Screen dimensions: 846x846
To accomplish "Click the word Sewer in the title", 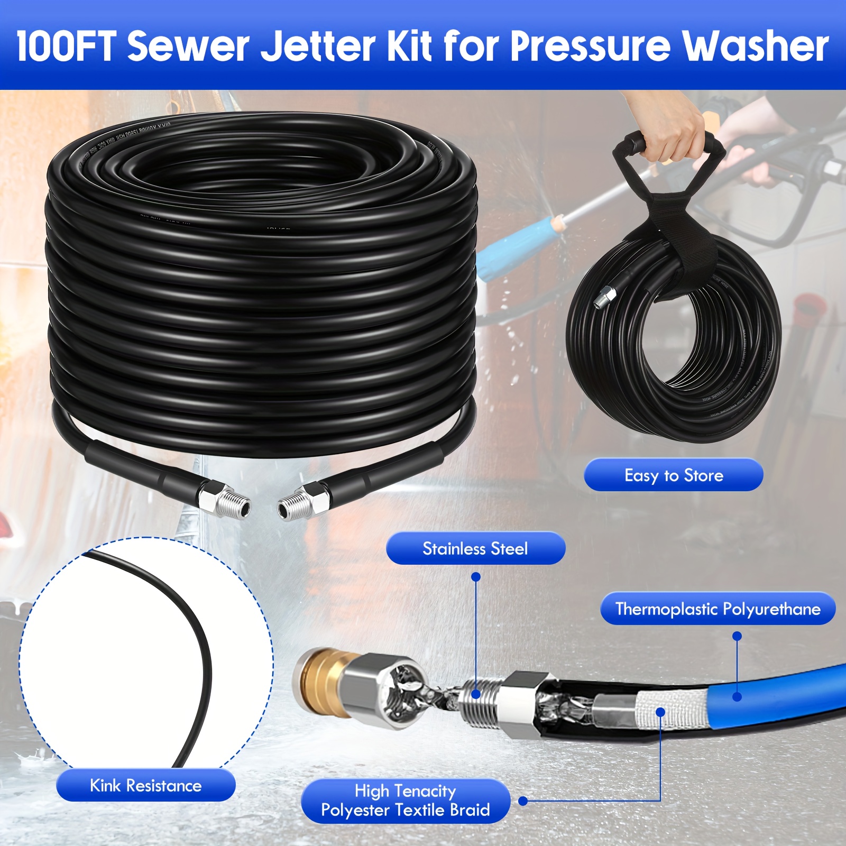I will tap(188, 46).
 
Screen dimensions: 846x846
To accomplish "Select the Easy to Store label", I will tap(673, 475).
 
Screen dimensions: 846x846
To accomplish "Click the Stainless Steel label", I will tap(475, 548).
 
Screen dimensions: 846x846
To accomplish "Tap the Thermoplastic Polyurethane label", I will tap(718, 609).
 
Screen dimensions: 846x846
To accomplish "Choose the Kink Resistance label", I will tap(145, 785).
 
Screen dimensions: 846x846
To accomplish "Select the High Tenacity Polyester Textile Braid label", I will tap(406, 801).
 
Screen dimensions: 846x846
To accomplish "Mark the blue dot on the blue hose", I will tap(737, 697).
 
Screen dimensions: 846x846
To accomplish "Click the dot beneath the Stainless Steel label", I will tap(476, 577).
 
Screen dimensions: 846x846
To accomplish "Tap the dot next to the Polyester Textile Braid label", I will tap(523, 801).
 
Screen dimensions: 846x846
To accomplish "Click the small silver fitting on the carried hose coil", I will tap(604, 296).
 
